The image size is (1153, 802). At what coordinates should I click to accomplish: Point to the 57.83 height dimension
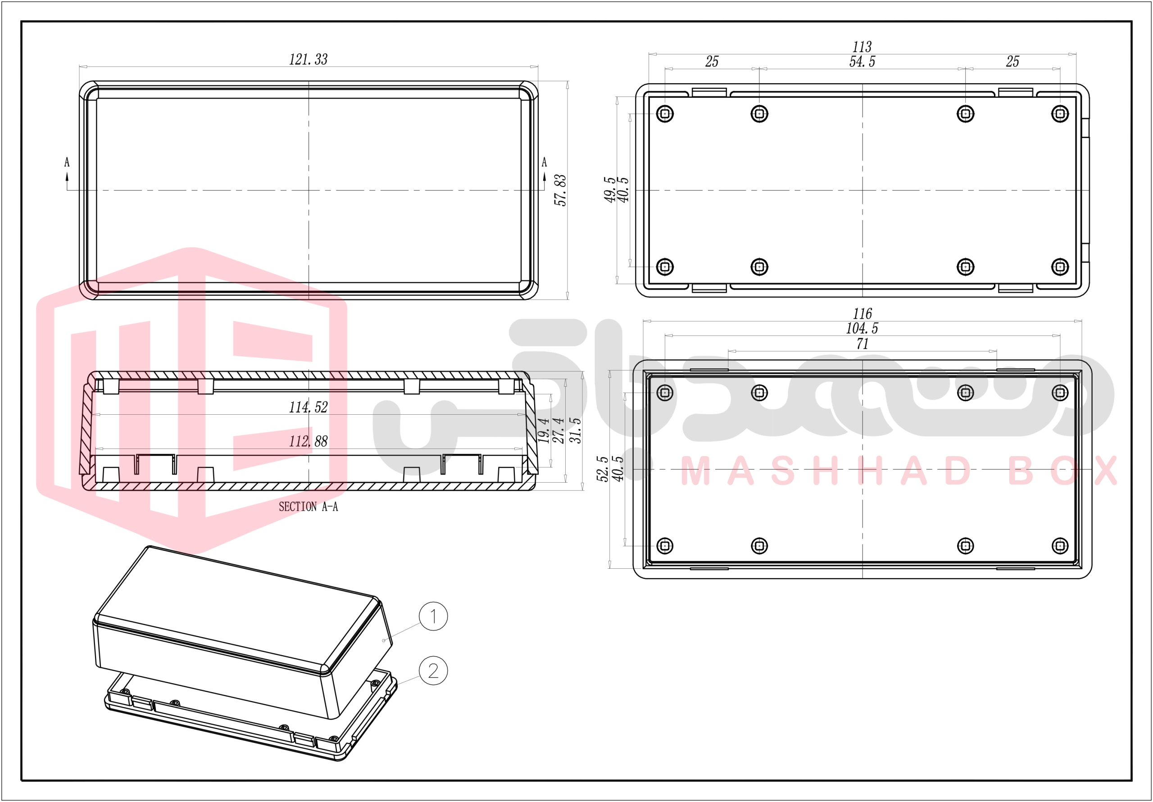[560, 190]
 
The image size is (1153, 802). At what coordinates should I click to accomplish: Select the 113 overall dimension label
[862, 47]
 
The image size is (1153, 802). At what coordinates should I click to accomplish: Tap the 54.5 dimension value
[862, 61]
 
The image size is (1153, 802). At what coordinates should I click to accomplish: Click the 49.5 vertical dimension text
[610, 190]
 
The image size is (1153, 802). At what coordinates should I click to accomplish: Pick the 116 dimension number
[862, 314]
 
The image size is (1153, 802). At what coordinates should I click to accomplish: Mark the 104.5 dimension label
[862, 328]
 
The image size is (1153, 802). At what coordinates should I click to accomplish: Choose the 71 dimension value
[862, 344]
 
